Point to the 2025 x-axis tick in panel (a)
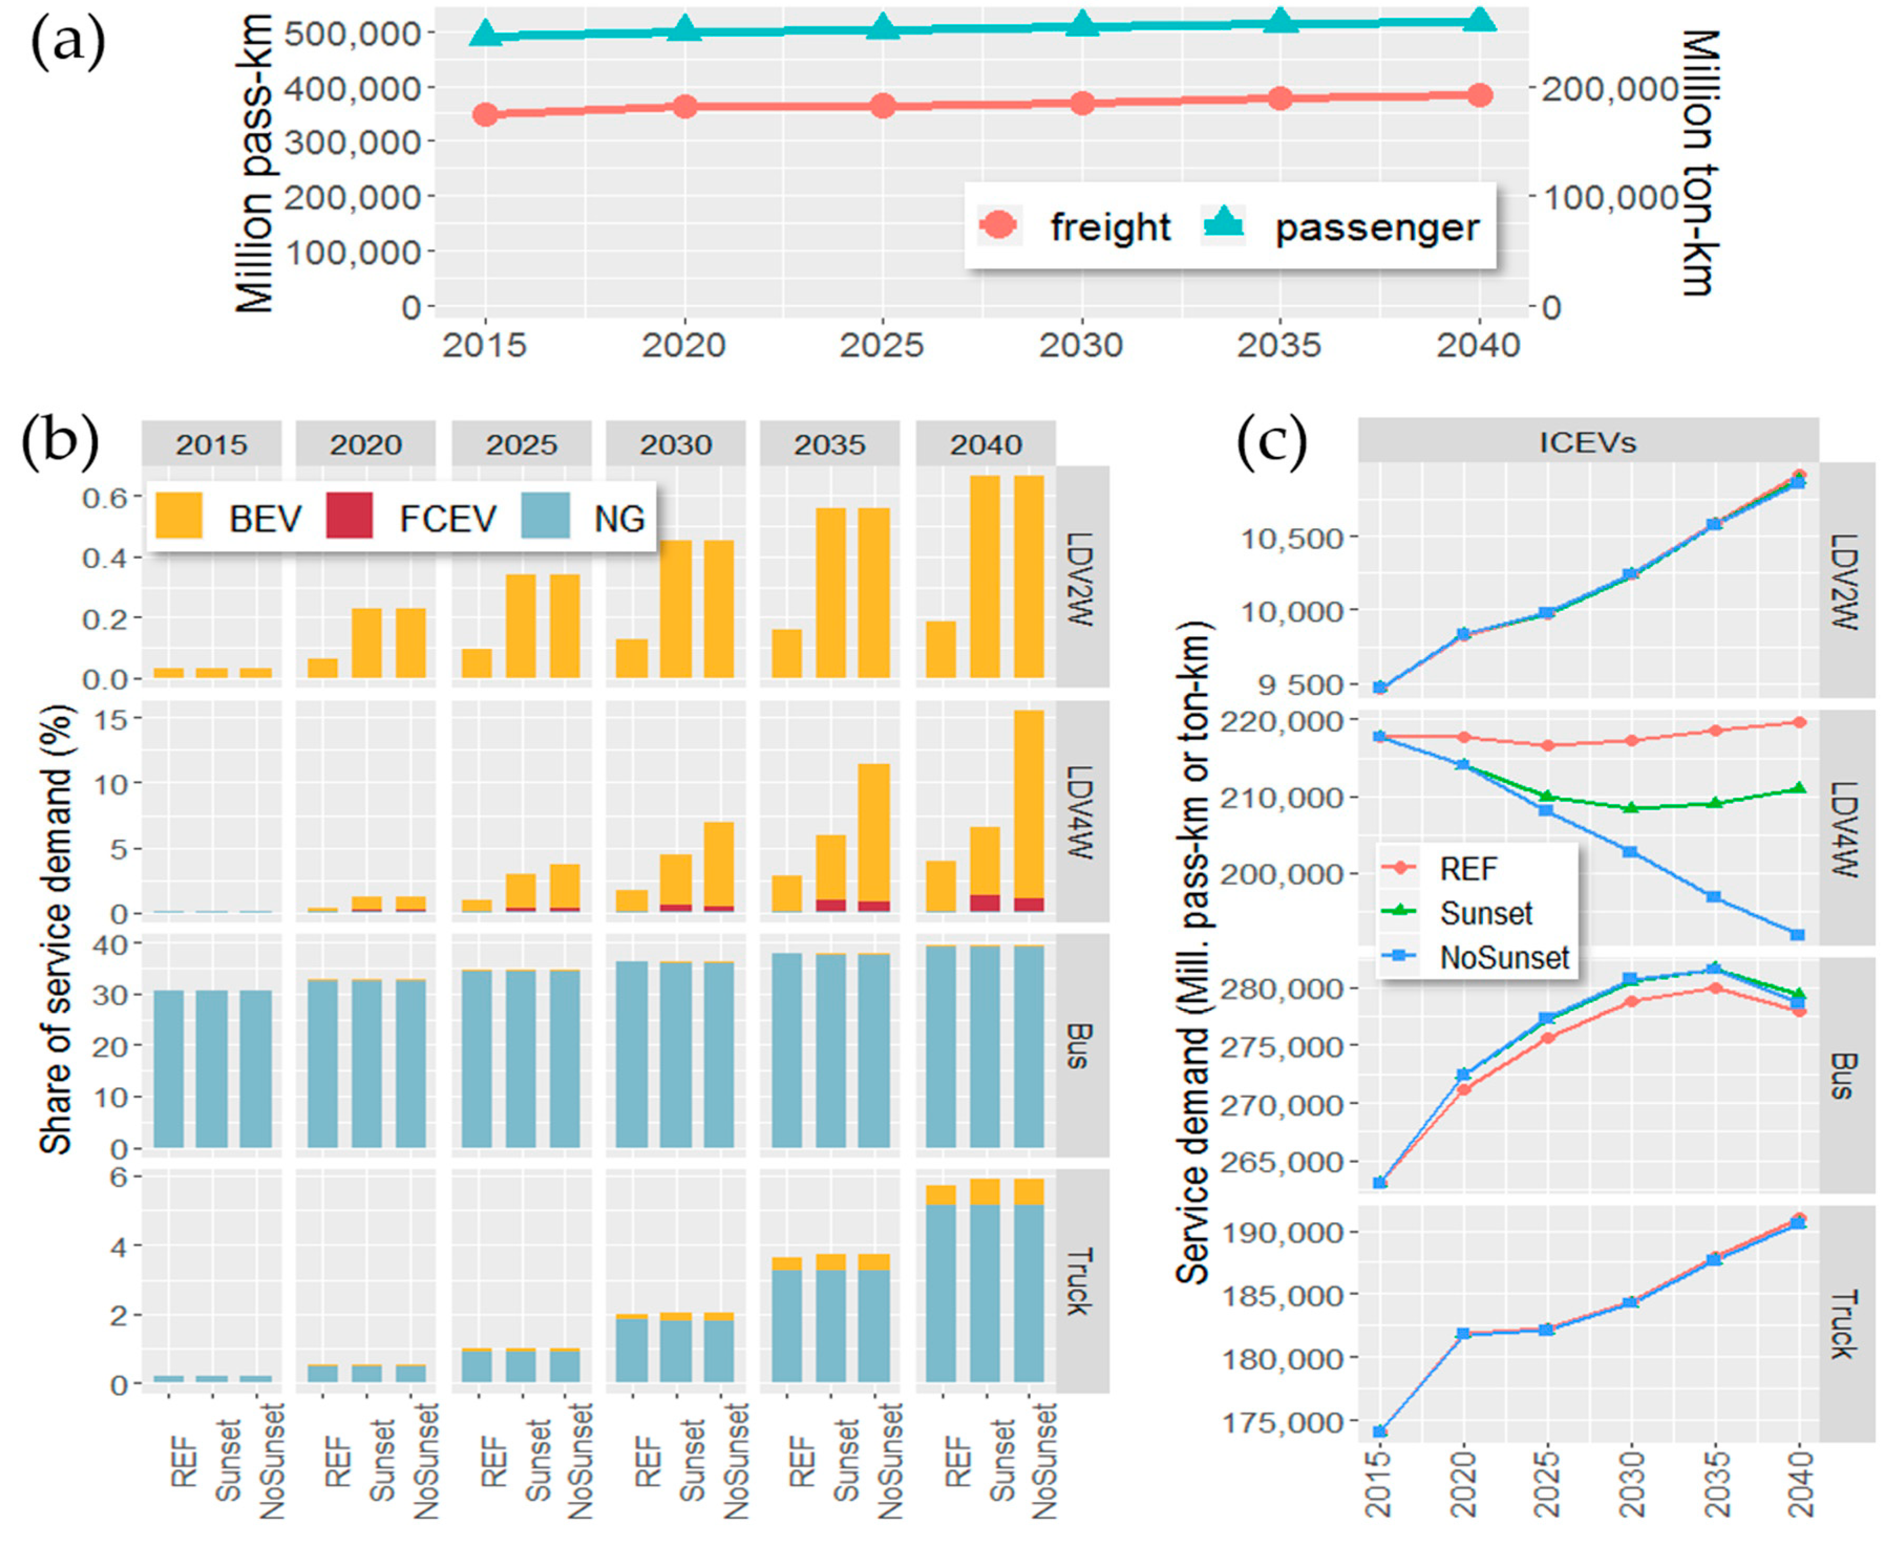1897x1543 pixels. (x=882, y=345)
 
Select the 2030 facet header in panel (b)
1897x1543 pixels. (x=676, y=444)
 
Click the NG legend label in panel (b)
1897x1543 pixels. (x=619, y=517)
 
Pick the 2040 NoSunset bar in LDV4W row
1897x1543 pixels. (x=1029, y=811)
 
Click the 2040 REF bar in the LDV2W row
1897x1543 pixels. (x=941, y=650)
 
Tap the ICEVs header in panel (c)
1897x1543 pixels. (x=1587, y=442)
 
